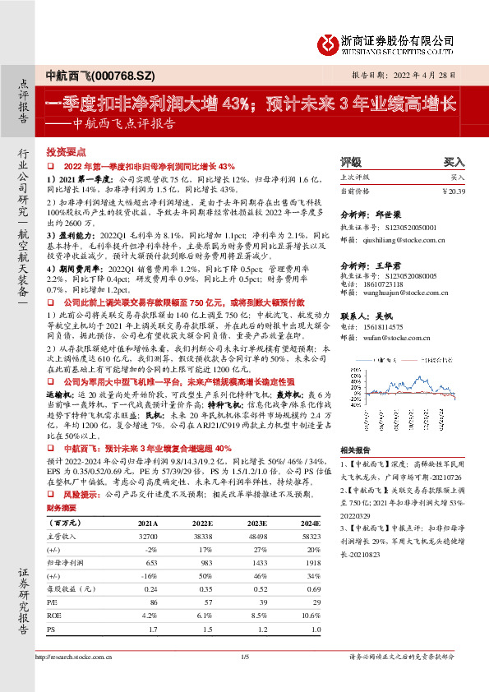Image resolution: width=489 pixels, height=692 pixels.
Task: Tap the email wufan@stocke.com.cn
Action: [385, 337]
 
